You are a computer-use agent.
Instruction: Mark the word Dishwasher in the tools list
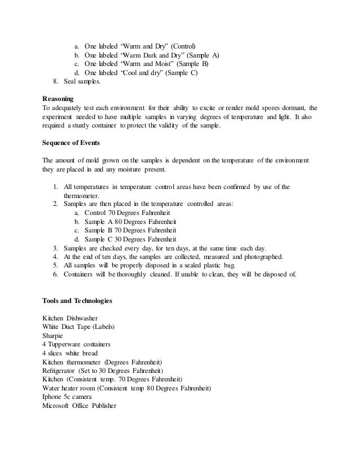86,318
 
